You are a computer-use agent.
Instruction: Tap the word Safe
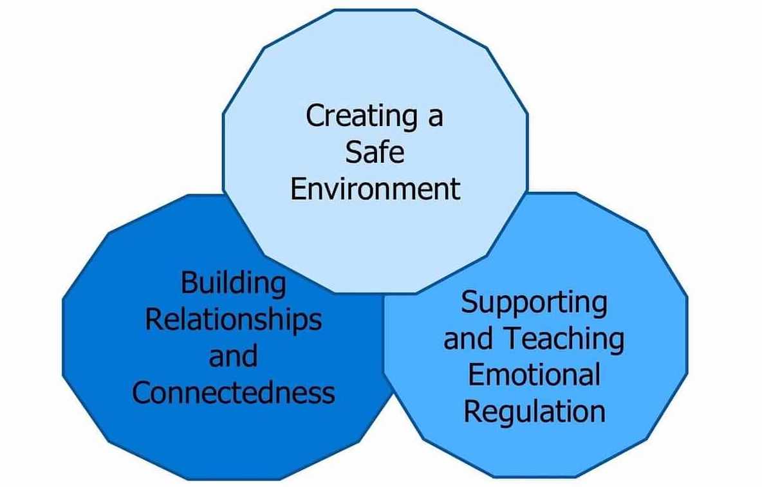[375, 153]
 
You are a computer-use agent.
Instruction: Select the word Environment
[375, 189]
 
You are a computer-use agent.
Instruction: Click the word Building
[233, 284]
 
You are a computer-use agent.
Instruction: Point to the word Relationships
[233, 320]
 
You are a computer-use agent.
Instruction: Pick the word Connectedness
[234, 392]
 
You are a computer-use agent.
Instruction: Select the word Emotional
[534, 374]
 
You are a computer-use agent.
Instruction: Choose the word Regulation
[534, 410]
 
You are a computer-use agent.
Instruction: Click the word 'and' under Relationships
[233, 356]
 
